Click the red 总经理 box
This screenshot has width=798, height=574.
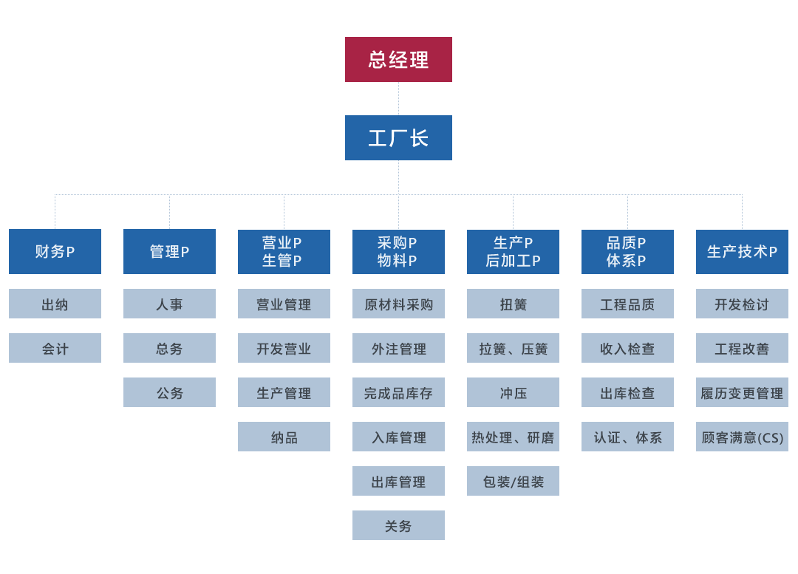point(398,59)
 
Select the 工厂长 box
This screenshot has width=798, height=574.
point(398,137)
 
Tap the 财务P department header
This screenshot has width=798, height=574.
point(55,251)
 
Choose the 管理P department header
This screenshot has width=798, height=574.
point(169,251)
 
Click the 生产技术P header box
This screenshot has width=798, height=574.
point(742,251)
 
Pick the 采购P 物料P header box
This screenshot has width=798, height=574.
point(398,251)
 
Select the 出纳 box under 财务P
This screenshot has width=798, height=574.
point(55,304)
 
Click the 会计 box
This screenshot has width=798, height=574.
point(55,348)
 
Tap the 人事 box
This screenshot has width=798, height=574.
point(169,304)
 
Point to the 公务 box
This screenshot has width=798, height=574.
point(169,392)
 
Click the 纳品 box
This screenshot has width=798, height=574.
point(284,437)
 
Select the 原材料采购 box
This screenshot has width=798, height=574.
point(398,304)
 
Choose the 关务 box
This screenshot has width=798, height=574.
point(398,525)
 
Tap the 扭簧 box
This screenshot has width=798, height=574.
point(513,304)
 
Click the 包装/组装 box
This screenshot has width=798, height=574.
point(513,481)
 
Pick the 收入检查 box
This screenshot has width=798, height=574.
point(627,348)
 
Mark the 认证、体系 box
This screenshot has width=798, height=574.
point(627,437)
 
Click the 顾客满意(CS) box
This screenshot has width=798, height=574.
point(742,437)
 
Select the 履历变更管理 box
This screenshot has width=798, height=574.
point(742,392)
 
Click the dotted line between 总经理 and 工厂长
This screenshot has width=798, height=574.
point(398,98)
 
